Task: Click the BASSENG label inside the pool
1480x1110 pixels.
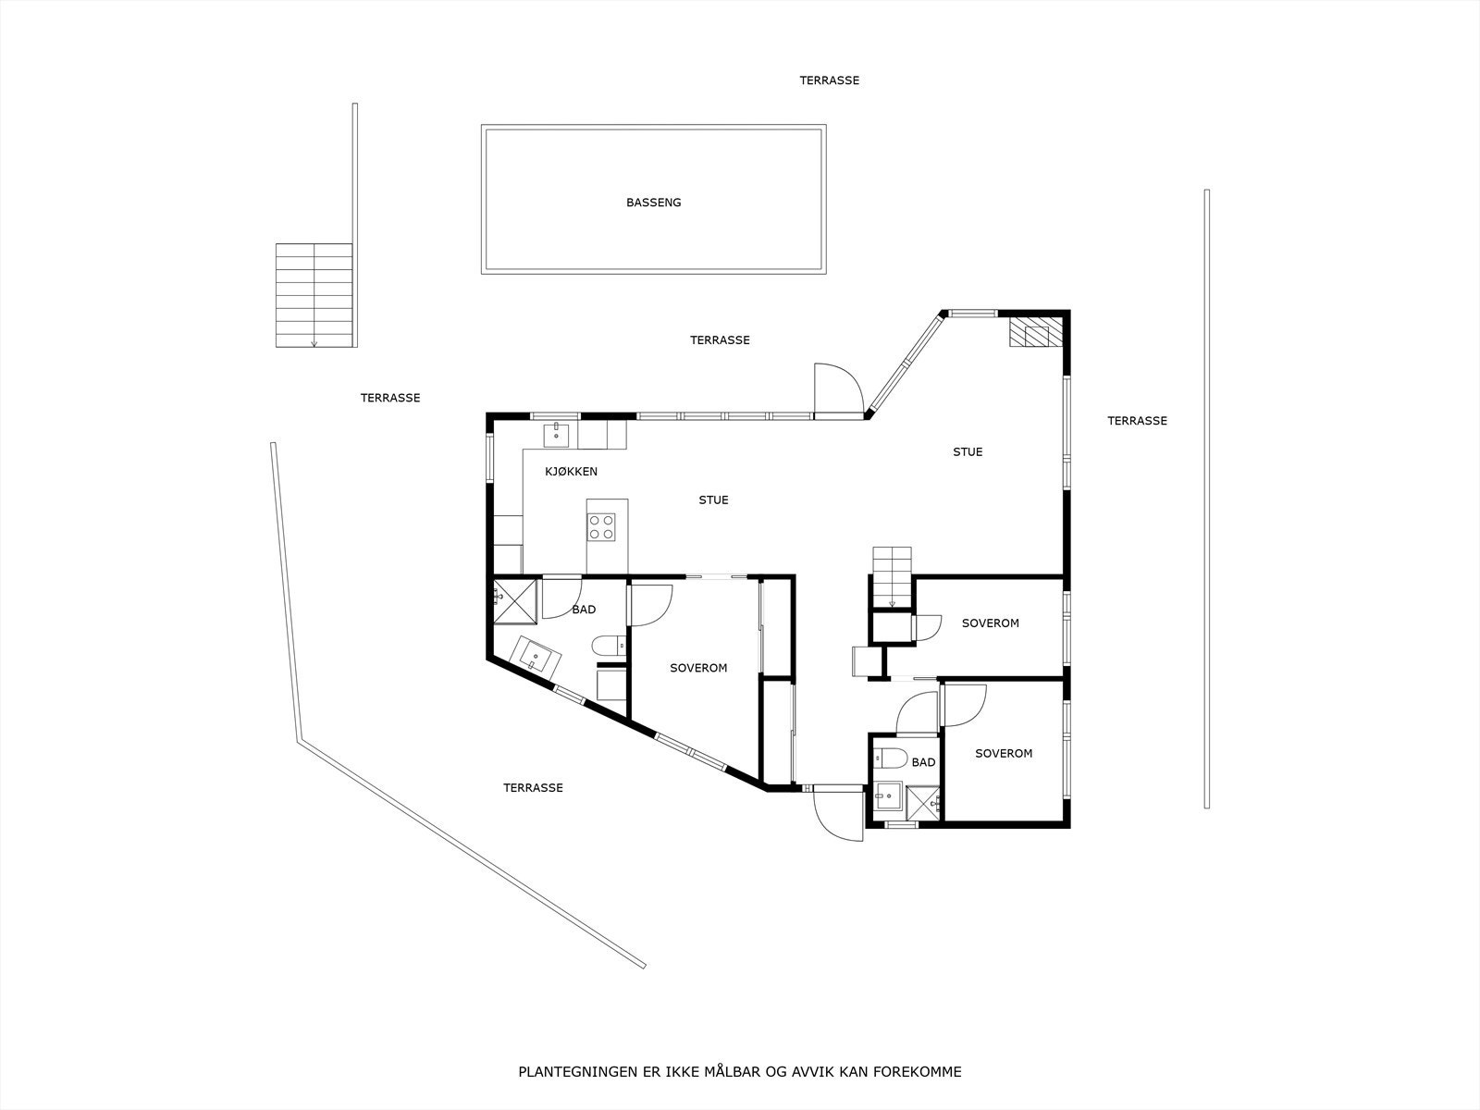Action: (x=653, y=203)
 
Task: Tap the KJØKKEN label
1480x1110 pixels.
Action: (x=571, y=472)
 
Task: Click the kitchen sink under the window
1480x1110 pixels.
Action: (x=557, y=431)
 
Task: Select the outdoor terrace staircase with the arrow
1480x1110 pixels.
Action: (x=314, y=295)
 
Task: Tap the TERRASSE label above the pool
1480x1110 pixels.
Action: (x=829, y=80)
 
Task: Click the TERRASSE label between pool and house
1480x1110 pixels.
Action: (x=720, y=340)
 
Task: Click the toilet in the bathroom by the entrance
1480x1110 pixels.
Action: (x=890, y=758)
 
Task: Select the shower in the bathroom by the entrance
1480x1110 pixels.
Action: (x=922, y=801)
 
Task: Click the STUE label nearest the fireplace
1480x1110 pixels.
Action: (x=968, y=452)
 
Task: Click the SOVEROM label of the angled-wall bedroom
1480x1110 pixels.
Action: (x=698, y=668)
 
